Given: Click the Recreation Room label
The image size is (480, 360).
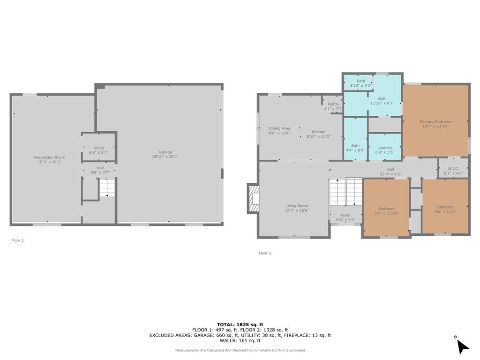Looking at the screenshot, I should coord(49,157).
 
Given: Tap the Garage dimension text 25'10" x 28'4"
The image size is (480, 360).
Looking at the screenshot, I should coord(165,157).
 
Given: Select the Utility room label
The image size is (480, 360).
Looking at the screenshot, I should coord(98,148).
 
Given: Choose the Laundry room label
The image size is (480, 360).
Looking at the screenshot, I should coord(385,148).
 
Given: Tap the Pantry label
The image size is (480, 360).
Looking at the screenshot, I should coord(333,104).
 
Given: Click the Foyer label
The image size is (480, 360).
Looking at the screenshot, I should coord(345,216).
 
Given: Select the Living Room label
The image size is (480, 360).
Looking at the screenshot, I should coord(297,206).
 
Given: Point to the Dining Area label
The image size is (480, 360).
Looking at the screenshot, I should coord(279,128).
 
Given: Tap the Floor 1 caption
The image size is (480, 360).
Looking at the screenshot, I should coord(17,240).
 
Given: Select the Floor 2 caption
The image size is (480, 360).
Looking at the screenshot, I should coord(265,253).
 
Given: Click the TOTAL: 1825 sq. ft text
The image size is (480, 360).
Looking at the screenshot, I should coord(240,324).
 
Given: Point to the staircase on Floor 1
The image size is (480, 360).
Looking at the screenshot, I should coord(107,188).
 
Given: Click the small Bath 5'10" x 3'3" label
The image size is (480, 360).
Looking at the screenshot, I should coord(360,81).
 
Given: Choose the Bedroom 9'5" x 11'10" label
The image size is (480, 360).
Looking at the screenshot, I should coord(386,209).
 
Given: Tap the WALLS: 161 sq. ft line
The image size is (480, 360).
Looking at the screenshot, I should coord(240,341).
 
